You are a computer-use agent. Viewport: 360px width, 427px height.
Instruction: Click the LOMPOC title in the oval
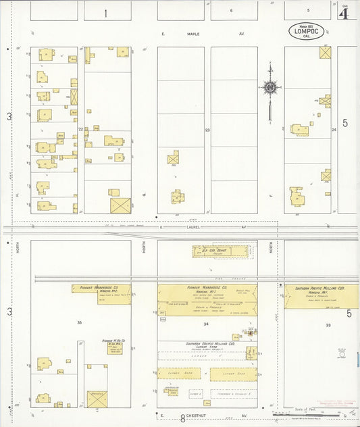pyautogui.click(x=307, y=30)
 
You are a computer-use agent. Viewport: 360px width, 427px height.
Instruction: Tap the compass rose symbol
pyautogui.click(x=270, y=87)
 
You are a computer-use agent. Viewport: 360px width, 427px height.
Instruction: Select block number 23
pyautogui.click(x=207, y=129)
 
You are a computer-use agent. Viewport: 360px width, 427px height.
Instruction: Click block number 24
pyautogui.click(x=334, y=129)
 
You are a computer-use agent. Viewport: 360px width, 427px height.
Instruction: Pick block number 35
pyautogui.click(x=79, y=323)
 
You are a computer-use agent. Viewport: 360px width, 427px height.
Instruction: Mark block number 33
pyautogui.click(x=329, y=325)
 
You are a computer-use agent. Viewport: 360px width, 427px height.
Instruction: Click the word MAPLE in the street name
pyautogui.click(x=195, y=33)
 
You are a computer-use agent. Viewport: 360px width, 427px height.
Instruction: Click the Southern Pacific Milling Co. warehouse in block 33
pyautogui.click(x=321, y=296)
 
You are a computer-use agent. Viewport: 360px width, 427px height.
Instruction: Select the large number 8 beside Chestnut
pyautogui.click(x=182, y=418)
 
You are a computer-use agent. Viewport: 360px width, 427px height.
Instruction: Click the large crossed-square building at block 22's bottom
pyautogui.click(x=120, y=205)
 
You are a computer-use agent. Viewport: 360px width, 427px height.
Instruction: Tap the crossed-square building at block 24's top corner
pyautogui.click(x=326, y=53)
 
